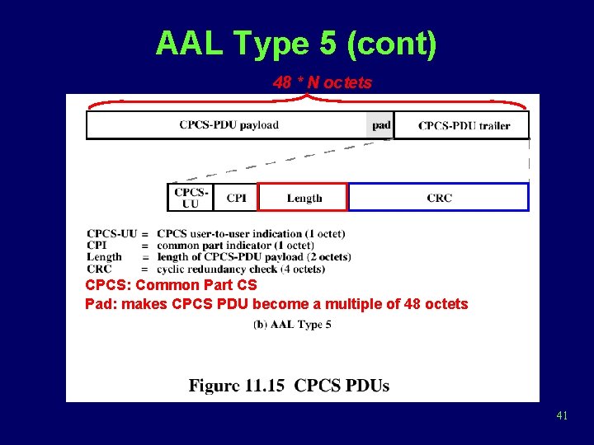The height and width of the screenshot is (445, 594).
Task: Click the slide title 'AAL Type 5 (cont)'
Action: tap(295, 44)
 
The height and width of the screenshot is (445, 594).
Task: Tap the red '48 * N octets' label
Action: tap(322, 82)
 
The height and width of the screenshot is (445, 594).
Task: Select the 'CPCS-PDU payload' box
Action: tap(229, 125)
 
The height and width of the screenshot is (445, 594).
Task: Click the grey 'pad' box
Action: tap(380, 125)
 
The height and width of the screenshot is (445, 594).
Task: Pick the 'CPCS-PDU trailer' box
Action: tap(462, 125)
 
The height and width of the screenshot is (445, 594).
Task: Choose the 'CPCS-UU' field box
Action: tap(190, 198)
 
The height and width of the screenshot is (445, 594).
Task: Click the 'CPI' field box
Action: tap(236, 198)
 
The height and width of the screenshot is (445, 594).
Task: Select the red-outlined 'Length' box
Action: tap(304, 198)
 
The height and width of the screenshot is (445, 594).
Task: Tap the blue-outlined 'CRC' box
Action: tap(439, 198)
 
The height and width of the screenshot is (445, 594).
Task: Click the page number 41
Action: tap(562, 416)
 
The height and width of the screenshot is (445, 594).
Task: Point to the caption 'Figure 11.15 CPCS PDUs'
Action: tap(289, 386)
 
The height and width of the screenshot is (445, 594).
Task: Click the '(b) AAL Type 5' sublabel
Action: tap(292, 325)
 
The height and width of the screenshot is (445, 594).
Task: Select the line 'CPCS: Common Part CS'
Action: tap(171, 285)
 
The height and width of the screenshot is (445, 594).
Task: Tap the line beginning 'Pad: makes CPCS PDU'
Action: tap(276, 304)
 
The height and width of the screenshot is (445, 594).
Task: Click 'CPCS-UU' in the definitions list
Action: tap(111, 233)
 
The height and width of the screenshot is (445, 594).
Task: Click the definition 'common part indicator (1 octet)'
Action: tap(235, 245)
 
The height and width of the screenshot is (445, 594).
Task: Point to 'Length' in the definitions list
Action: tap(104, 256)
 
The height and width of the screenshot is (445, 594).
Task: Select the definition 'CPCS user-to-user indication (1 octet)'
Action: tap(251, 233)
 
